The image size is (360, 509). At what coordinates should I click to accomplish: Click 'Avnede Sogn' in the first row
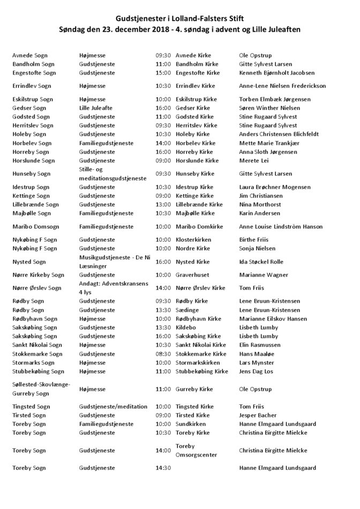tap(30, 55)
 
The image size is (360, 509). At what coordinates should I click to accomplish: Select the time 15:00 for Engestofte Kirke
tap(163, 73)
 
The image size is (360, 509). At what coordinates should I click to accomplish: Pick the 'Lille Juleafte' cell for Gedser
tap(96, 108)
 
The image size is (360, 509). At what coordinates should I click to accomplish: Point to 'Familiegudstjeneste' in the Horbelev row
tap(106, 143)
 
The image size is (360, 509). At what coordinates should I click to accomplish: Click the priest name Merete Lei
tap(255, 161)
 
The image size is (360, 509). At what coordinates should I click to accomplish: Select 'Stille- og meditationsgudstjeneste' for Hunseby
tap(112, 174)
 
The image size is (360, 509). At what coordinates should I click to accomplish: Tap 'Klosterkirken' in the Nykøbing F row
tap(193, 239)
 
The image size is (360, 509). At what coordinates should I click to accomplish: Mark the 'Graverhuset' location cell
tap(193, 275)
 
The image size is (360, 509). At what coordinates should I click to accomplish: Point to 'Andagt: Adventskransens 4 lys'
tap(113, 288)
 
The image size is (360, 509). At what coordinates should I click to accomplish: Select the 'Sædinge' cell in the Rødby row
tap(187, 310)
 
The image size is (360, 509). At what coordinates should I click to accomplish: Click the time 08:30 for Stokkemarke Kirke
tap(163, 354)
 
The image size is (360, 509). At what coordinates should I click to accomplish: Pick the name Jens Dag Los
tap(256, 371)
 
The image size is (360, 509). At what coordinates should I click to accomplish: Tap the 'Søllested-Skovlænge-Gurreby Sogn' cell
tap(41, 389)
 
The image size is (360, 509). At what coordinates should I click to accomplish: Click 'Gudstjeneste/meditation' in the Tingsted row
tap(113, 407)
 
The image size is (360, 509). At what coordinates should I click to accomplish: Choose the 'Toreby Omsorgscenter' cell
tap(197, 450)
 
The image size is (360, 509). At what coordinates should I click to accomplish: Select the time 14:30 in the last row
tap(163, 468)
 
